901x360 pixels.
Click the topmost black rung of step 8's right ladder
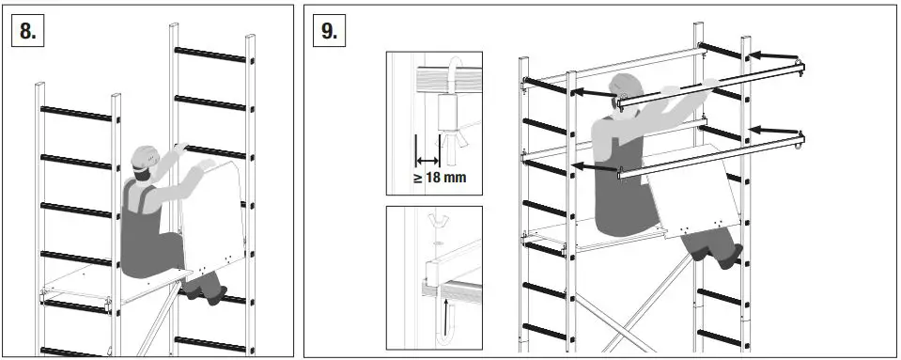[211, 52]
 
